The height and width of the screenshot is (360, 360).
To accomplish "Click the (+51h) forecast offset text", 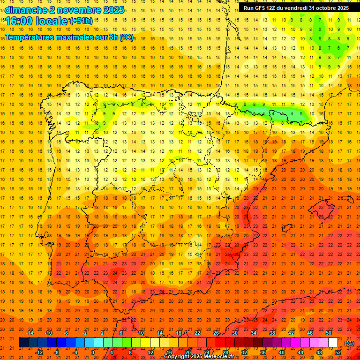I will pos(81,21).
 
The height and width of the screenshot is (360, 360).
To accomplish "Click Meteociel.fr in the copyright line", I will pos(215,357).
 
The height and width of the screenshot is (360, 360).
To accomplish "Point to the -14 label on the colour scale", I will pos(30,333).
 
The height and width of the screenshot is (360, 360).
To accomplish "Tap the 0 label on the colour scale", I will pos(93,352).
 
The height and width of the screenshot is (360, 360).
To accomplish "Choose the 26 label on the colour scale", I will pos(216,333).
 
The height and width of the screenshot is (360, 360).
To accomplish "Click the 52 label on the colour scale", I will pos(338,352).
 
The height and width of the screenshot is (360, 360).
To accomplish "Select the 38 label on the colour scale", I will pos(272,333).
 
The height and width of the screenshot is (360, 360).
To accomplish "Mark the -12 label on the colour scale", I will pos(39,352).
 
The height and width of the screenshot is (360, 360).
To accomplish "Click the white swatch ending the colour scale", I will pos(333,343).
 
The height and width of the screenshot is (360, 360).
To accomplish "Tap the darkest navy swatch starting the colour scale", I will pos(23,343).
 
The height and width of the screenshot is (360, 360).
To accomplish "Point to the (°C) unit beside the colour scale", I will pos(349,344).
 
